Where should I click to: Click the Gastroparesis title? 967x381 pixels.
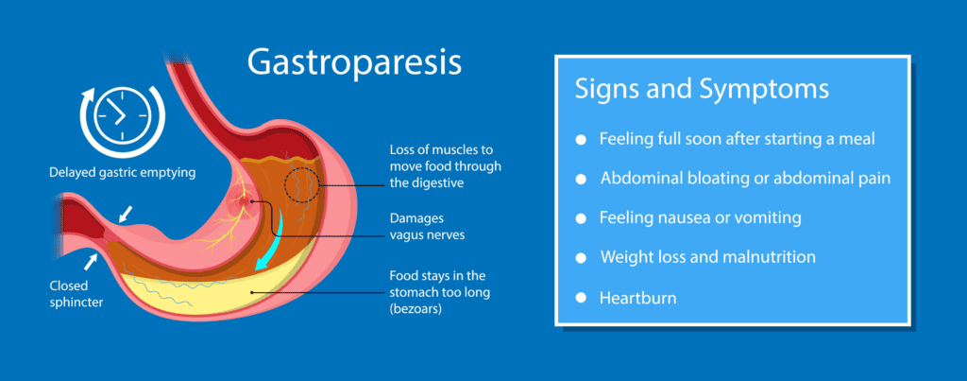[354, 63]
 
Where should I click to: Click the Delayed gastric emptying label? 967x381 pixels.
[122, 172]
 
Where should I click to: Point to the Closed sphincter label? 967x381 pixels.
[76, 294]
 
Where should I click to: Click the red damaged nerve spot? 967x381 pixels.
[246, 200]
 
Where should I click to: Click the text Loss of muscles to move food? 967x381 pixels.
[446, 159]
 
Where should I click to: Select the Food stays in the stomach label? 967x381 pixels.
[440, 292]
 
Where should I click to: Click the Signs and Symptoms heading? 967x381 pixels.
[702, 91]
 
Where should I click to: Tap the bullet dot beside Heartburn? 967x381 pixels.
[581, 298]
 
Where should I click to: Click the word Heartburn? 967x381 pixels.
[637, 298]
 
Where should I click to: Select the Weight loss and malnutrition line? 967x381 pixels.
[708, 257]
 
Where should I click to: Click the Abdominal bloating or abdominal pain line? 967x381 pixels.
[746, 179]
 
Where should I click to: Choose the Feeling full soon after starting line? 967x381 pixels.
[737, 139]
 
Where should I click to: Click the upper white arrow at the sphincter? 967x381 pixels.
[126, 214]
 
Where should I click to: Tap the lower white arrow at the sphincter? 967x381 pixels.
[92, 262]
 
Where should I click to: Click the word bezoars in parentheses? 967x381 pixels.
[416, 309]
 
